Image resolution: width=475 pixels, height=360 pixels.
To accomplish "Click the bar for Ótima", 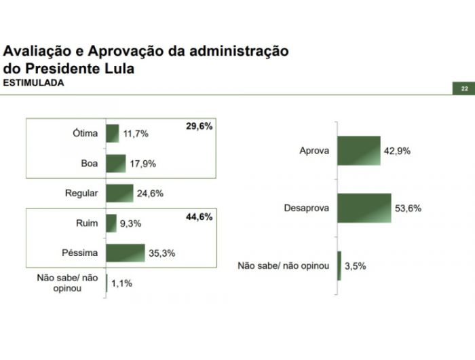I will pos(113,133).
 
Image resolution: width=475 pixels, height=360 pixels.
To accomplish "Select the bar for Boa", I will pos(116,164).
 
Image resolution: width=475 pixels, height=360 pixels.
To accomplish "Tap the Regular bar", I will pos(119,194).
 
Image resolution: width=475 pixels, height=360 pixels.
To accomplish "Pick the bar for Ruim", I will pos(111,223).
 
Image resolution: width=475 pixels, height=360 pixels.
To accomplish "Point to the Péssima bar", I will pos(126,253).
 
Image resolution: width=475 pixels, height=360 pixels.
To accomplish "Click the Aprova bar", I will pos(358,151).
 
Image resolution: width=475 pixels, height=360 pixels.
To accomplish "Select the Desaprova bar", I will pos(364,208).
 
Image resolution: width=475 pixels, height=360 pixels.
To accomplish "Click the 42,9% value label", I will pos(398,151).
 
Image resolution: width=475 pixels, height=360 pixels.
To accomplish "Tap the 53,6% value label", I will pos(408,209).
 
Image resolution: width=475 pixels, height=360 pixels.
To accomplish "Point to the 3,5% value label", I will pos(356,266).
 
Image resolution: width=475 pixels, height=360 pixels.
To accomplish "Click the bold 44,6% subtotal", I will pos(199,217).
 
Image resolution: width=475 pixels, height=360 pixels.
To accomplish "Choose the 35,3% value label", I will pos(162,254).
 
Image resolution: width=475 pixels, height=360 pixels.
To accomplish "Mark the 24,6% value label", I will pos(150,194).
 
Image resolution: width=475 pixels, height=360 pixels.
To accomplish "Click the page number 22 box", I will pos(464,89).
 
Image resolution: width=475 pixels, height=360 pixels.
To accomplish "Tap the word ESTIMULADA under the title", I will pos(34,83).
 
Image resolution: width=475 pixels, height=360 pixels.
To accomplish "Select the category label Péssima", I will pos(80,253).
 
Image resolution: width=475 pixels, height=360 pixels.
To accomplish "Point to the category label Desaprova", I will pos(306,209).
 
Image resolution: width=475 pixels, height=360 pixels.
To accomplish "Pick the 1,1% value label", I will pos(121,284).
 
